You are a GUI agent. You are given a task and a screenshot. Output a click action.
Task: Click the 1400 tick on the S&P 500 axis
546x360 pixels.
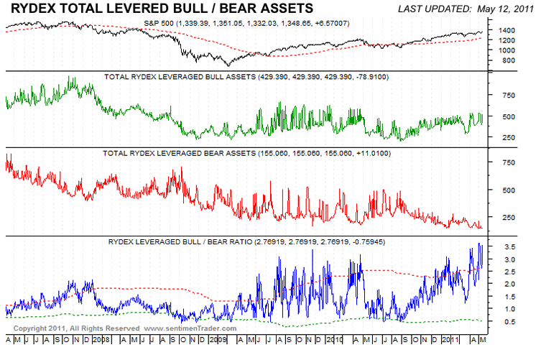(x=507, y=30)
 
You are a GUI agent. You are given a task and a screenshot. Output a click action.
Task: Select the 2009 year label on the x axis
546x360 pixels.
(x=218, y=338)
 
